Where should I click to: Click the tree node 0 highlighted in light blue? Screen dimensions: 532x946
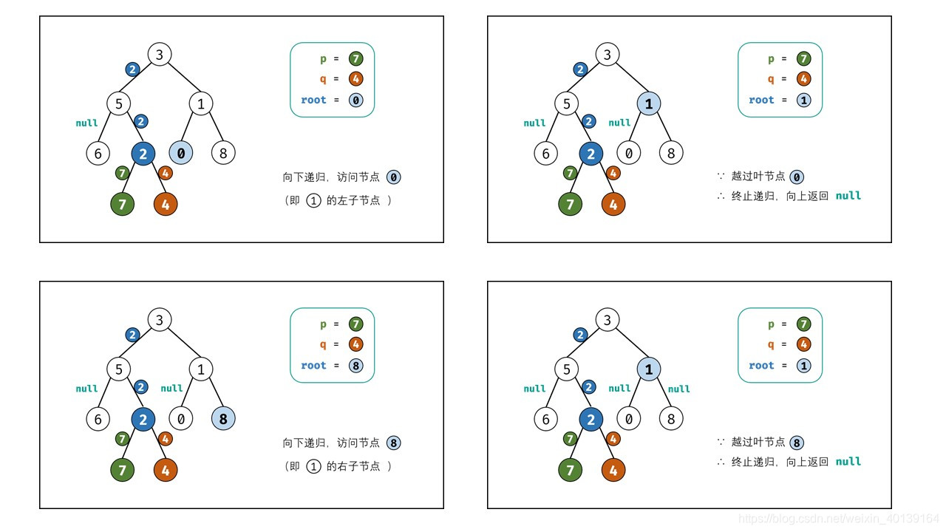[181, 154]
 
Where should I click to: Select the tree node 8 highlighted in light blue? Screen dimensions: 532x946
[223, 419]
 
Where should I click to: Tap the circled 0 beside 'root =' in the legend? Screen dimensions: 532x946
[356, 100]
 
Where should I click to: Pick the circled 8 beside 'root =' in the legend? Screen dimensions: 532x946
[356, 365]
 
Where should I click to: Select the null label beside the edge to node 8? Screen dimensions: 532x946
[678, 389]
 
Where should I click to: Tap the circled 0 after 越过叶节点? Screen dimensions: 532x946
[797, 177]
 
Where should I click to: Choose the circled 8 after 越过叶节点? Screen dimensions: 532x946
[797, 443]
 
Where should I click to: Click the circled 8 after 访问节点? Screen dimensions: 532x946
[394, 443]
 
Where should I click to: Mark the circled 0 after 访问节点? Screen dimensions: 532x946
[394, 177]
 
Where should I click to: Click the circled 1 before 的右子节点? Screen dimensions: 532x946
[313, 466]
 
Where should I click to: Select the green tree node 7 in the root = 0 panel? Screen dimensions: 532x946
[123, 205]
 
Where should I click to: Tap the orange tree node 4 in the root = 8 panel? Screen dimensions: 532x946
[166, 470]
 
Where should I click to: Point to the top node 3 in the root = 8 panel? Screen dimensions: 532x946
[159, 320]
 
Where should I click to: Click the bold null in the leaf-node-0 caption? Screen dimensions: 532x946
[848, 196]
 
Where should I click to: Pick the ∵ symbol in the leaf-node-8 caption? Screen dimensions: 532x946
[721, 442]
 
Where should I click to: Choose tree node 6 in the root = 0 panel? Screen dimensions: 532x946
[98, 154]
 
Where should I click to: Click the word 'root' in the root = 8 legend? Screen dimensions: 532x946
[313, 365]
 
